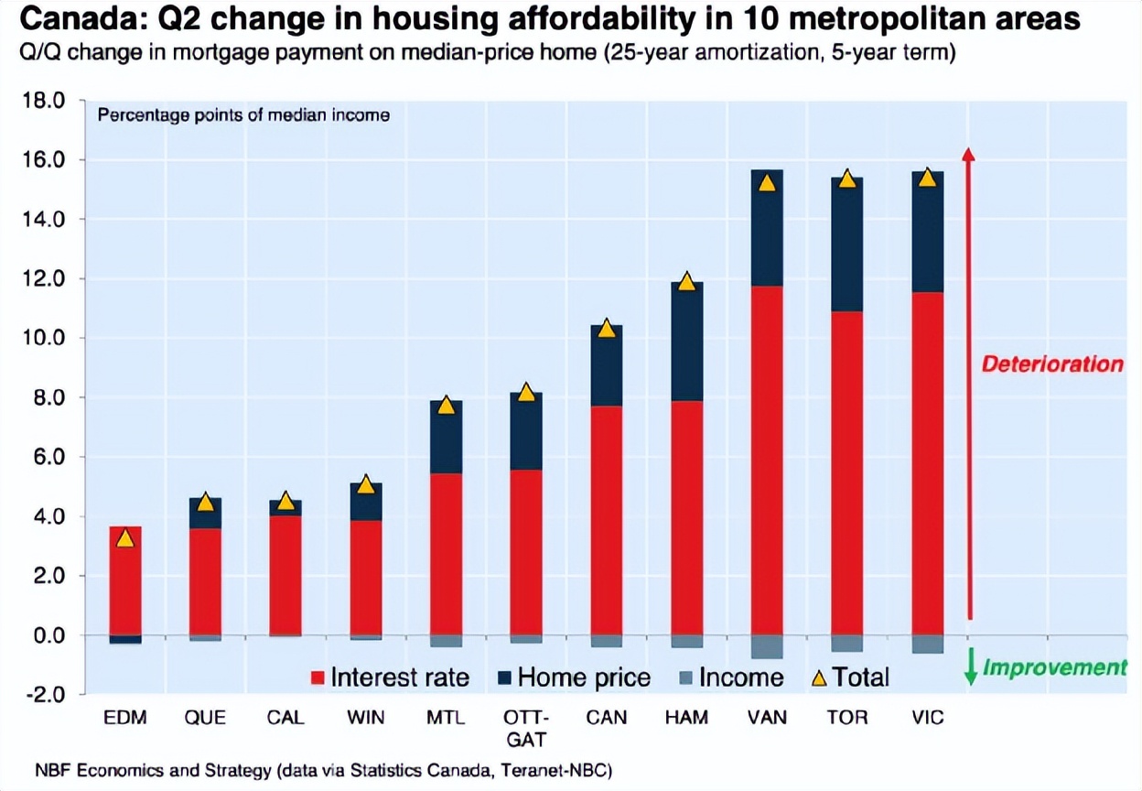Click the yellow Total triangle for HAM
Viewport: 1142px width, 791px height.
[686, 282]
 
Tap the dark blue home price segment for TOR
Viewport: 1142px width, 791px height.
[847, 244]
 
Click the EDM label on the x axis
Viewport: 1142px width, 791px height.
[125, 718]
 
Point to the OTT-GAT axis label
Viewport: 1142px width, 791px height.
[526, 727]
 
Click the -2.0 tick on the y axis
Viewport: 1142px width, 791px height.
[44, 695]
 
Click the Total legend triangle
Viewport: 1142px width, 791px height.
[820, 677]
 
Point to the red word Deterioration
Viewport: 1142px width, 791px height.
[1052, 364]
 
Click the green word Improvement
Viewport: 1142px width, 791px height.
[1054, 667]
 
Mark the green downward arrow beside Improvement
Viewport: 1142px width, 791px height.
[971, 667]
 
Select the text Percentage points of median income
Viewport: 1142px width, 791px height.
[243, 115]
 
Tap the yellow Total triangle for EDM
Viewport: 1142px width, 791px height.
[125, 538]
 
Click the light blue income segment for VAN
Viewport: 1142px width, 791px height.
[767, 646]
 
